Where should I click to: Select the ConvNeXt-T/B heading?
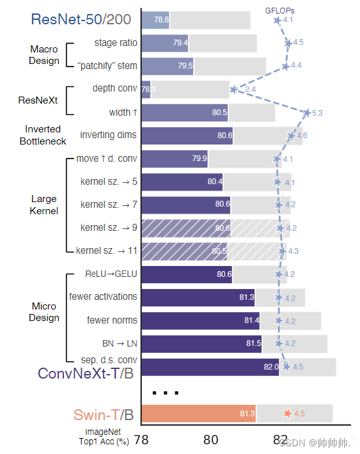(86, 373)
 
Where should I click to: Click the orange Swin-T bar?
(198, 414)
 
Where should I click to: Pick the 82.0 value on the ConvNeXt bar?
(270, 367)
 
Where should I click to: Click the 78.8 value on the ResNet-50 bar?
(161, 20)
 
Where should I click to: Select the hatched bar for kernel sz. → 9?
(185, 228)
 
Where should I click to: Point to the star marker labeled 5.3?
(308, 113)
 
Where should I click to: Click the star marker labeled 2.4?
(234, 90)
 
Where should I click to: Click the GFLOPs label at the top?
(280, 10)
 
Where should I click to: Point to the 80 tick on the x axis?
(211, 440)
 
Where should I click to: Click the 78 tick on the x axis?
(141, 440)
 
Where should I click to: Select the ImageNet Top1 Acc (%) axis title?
(104, 437)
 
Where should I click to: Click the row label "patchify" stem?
(107, 66)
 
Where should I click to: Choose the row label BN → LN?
(120, 343)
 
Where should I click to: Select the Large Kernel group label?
(44, 205)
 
